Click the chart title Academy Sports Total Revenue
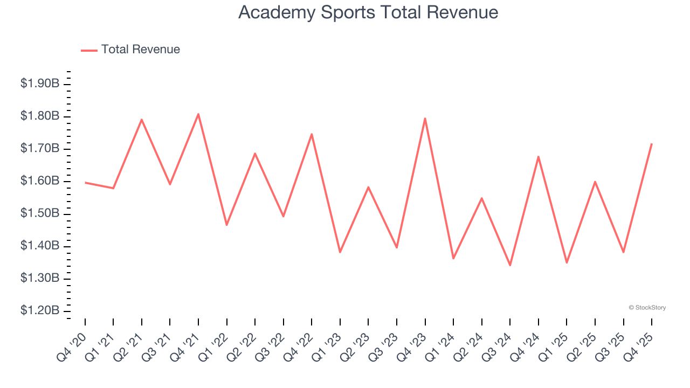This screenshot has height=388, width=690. tap(368, 12)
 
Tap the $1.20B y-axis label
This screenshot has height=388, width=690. tap(40, 311)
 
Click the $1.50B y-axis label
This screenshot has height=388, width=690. tap(40, 213)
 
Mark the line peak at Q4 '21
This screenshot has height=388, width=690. tap(198, 114)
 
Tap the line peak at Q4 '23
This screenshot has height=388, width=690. tap(425, 118)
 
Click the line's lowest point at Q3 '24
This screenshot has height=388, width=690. tap(510, 265)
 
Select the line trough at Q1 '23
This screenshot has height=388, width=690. tap(340, 252)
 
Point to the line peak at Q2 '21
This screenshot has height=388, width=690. tap(142, 119)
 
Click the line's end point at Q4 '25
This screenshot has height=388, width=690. tap(652, 144)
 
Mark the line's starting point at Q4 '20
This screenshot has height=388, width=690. tap(85, 182)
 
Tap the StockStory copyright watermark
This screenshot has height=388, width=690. tap(647, 308)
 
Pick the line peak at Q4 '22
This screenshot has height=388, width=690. tap(312, 134)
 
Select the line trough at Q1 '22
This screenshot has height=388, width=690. tap(227, 225)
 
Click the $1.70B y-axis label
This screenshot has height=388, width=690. tap(40, 149)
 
